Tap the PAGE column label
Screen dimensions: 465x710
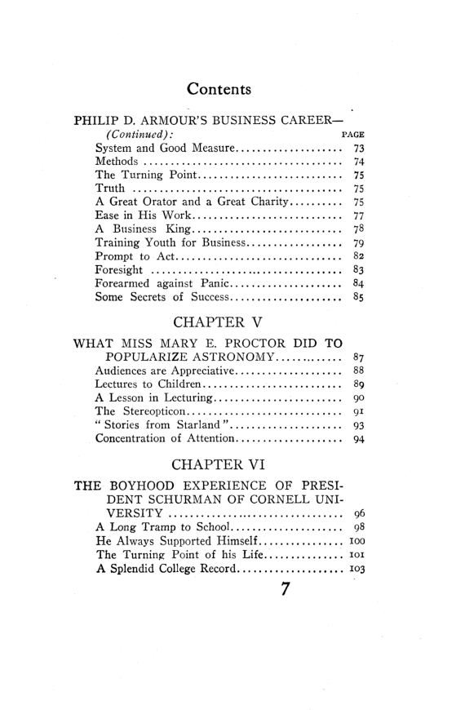click(x=352, y=134)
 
